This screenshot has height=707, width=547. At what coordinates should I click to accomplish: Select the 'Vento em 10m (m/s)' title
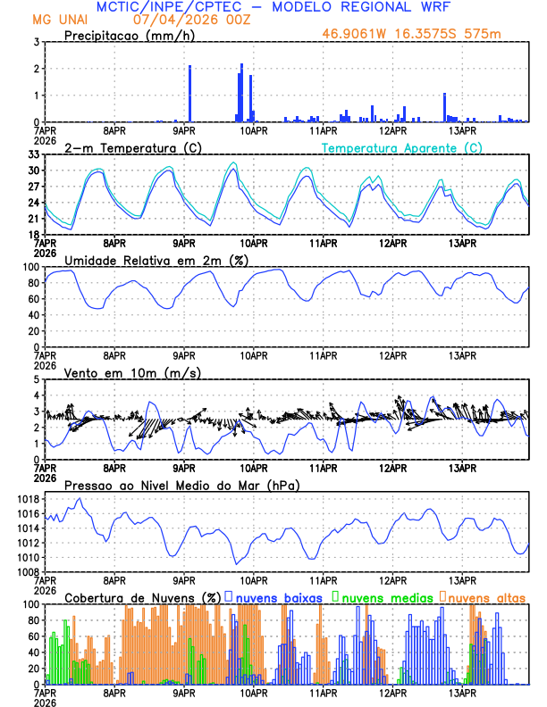tap(120, 372)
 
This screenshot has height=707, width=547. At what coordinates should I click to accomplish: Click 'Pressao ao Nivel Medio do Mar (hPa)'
tap(181, 485)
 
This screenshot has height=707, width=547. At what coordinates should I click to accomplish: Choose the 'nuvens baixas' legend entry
tap(274, 597)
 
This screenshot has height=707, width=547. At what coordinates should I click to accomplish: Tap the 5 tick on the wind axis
tap(37, 379)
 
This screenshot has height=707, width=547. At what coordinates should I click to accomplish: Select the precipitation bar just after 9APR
tap(190, 94)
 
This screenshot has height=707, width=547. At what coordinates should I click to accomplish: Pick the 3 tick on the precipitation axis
tap(37, 42)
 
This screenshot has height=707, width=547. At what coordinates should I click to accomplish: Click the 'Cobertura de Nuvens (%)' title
tap(142, 597)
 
